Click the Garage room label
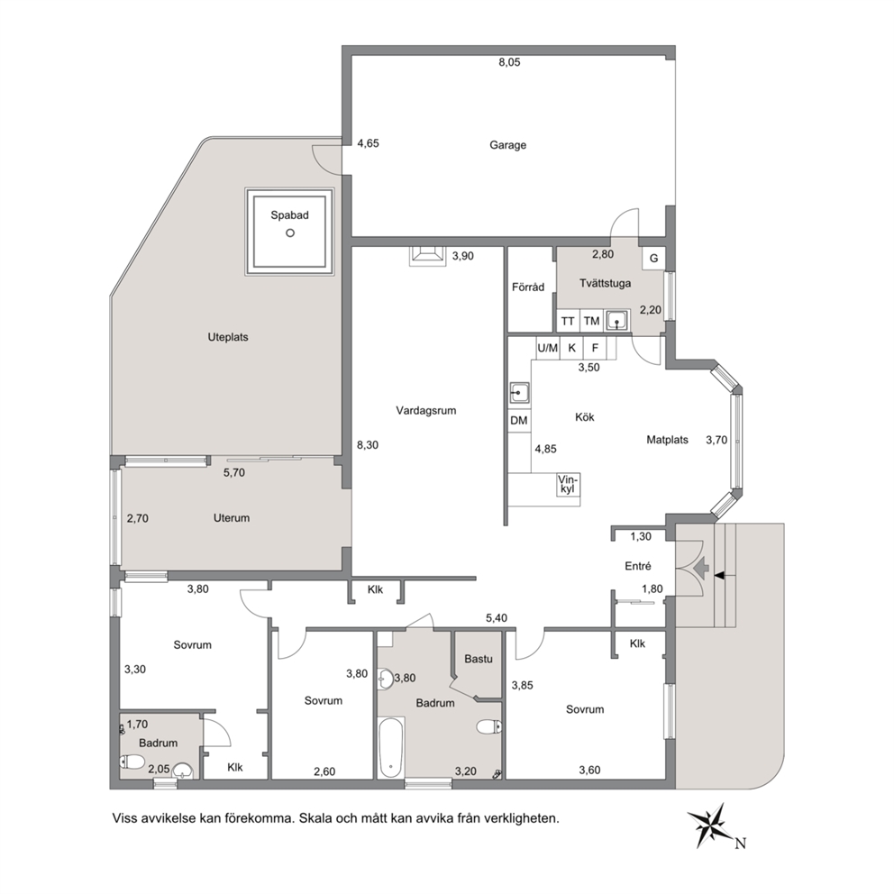click(507, 145)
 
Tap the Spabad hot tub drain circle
click(290, 233)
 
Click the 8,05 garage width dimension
click(510, 63)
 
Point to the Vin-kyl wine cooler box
click(569, 485)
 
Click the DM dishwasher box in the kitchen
click(519, 421)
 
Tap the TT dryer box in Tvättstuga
click(568, 321)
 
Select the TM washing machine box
click(592, 321)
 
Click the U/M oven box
click(548, 348)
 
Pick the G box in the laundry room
click(654, 259)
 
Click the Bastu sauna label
click(479, 659)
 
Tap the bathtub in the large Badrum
click(391, 747)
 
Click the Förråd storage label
click(528, 287)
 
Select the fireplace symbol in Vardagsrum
click(427, 256)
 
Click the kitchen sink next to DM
click(519, 393)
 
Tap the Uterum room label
click(232, 518)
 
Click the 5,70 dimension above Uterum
click(233, 472)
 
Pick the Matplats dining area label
click(667, 440)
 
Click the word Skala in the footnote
click(315, 818)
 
